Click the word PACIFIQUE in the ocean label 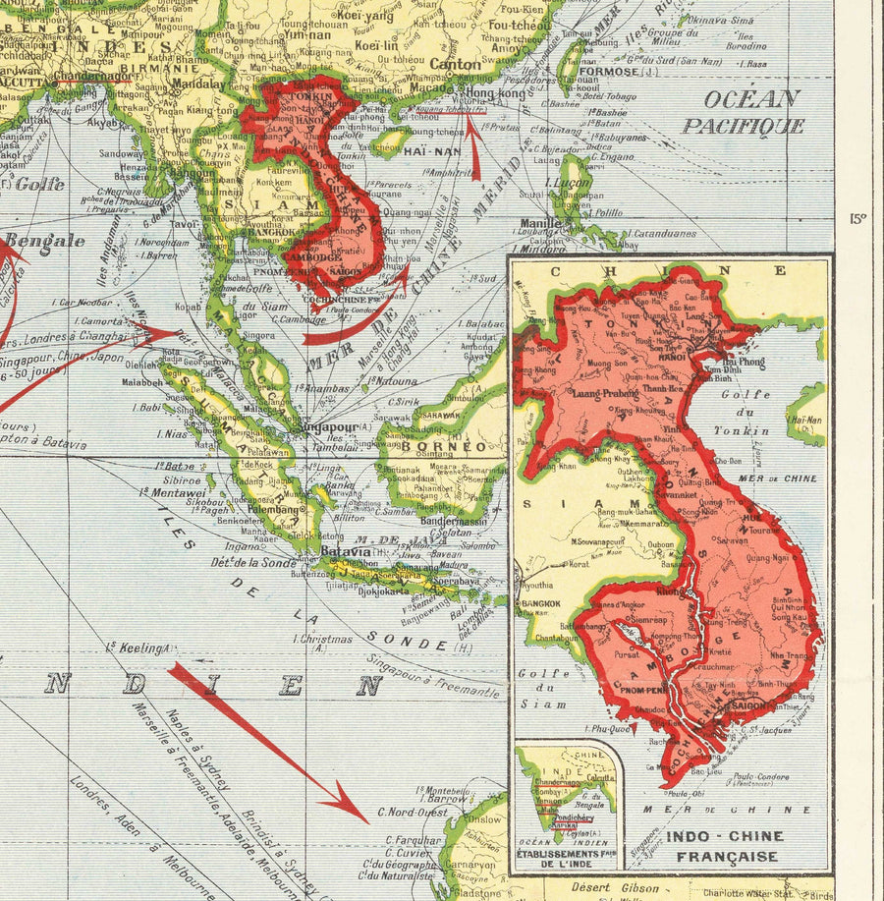744,126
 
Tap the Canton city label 456,65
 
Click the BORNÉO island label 454,446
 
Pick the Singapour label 329,428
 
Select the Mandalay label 198,84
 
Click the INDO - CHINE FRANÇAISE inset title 725,846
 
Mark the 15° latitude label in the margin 857,219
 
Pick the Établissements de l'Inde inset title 567,860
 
